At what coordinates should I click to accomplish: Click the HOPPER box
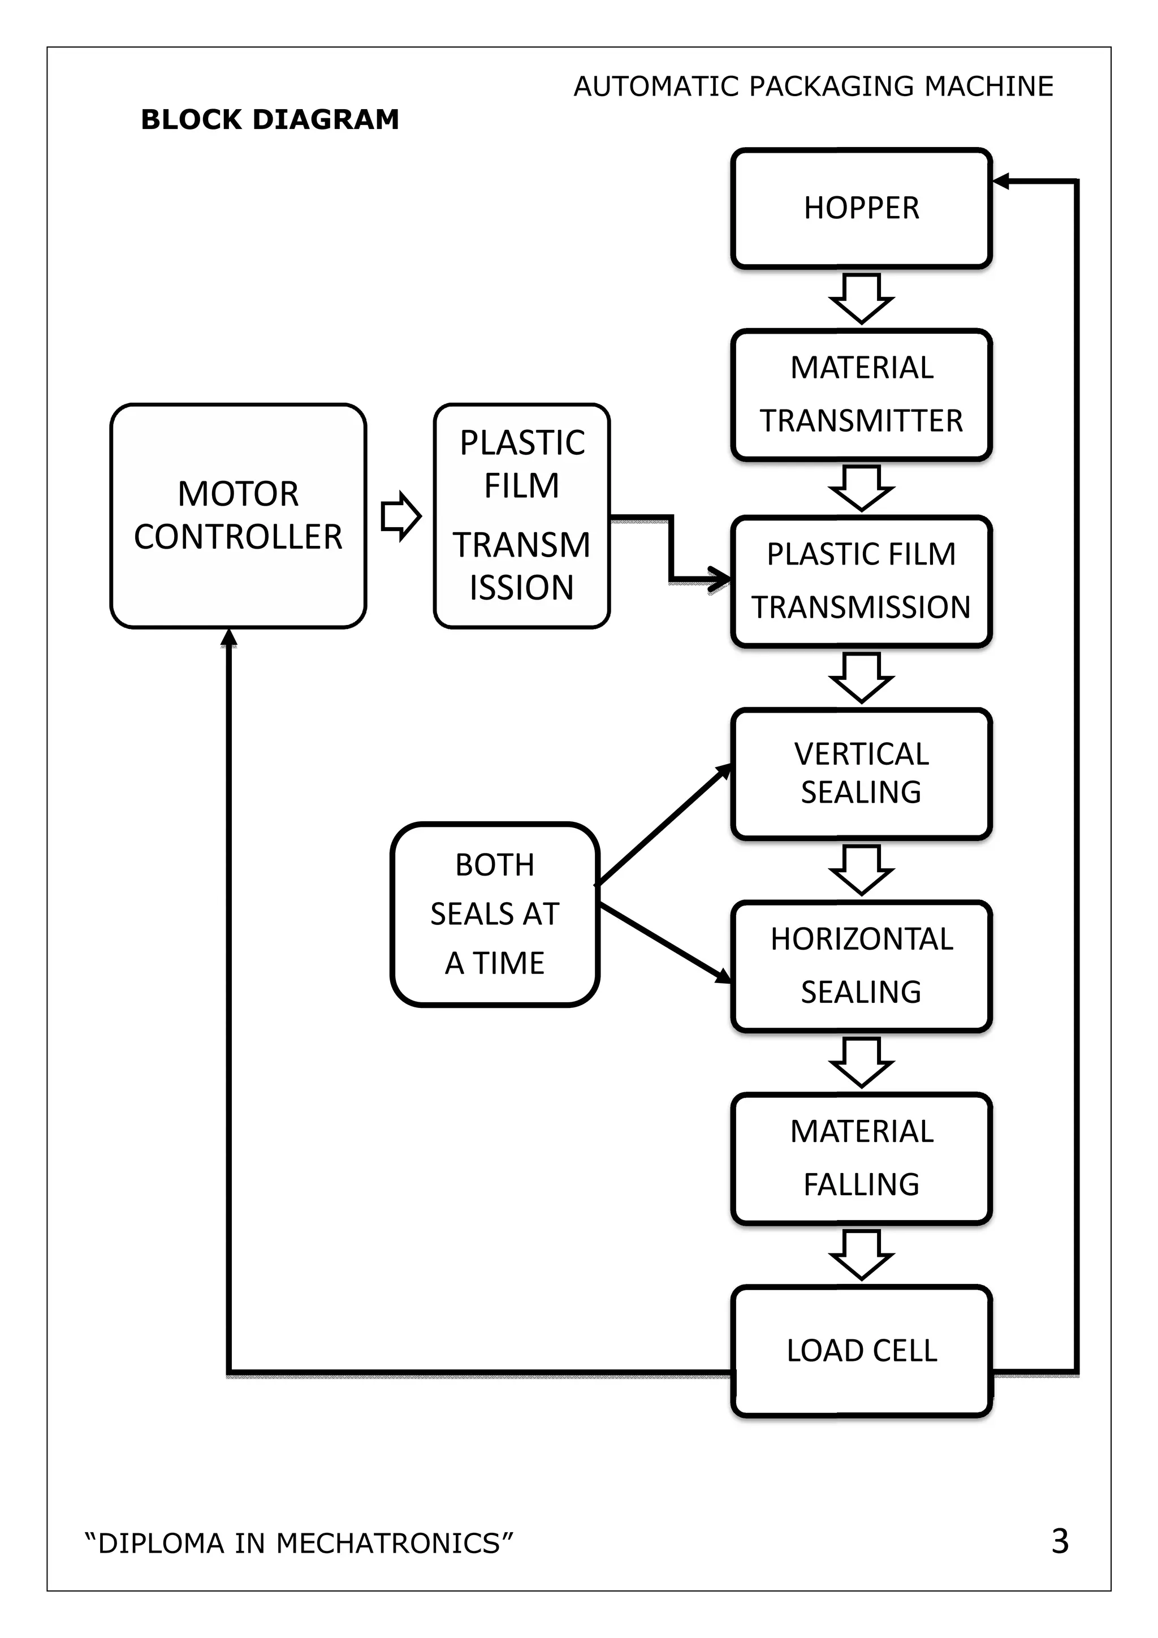(x=861, y=208)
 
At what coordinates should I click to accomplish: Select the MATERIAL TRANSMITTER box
(x=861, y=395)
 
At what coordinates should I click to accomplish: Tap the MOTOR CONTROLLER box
(x=238, y=515)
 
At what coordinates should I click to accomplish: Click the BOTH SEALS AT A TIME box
(x=495, y=914)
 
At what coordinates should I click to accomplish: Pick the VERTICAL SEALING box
(x=861, y=773)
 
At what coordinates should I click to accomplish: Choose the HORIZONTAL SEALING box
(x=861, y=966)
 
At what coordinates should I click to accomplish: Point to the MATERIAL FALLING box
(x=861, y=1158)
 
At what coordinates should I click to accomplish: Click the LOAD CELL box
(x=861, y=1351)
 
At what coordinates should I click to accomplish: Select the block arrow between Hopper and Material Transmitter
(x=861, y=298)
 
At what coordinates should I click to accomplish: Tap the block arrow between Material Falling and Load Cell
(x=861, y=1254)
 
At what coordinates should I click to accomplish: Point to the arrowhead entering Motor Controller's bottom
(x=228, y=637)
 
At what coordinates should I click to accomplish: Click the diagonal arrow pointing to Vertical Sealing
(x=663, y=824)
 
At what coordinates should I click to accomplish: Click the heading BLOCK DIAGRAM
(x=270, y=119)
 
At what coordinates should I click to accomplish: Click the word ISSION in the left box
(x=521, y=587)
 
